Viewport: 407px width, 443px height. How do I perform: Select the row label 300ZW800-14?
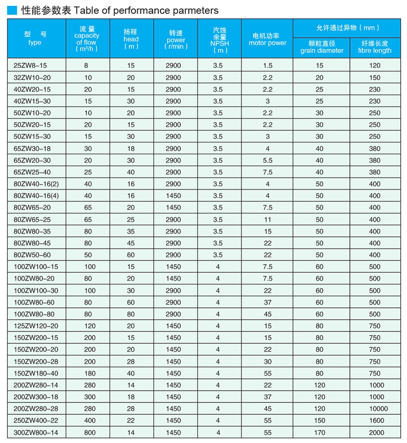(33, 433)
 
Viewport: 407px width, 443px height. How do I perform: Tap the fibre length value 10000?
(374, 409)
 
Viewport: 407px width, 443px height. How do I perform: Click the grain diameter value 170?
(320, 433)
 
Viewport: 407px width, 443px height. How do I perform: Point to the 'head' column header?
(131, 39)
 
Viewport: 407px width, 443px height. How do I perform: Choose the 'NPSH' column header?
(219, 39)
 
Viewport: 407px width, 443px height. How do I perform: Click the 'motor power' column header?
(267, 39)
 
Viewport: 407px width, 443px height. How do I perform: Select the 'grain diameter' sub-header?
(322, 47)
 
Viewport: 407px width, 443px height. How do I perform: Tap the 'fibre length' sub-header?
(374, 47)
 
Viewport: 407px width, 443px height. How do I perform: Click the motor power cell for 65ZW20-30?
(268, 160)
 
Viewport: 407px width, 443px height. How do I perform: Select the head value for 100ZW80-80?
(131, 314)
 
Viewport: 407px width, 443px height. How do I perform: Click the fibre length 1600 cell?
(374, 420)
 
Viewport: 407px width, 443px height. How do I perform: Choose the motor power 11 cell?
(268, 219)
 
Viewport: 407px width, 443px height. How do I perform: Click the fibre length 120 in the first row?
(374, 66)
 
